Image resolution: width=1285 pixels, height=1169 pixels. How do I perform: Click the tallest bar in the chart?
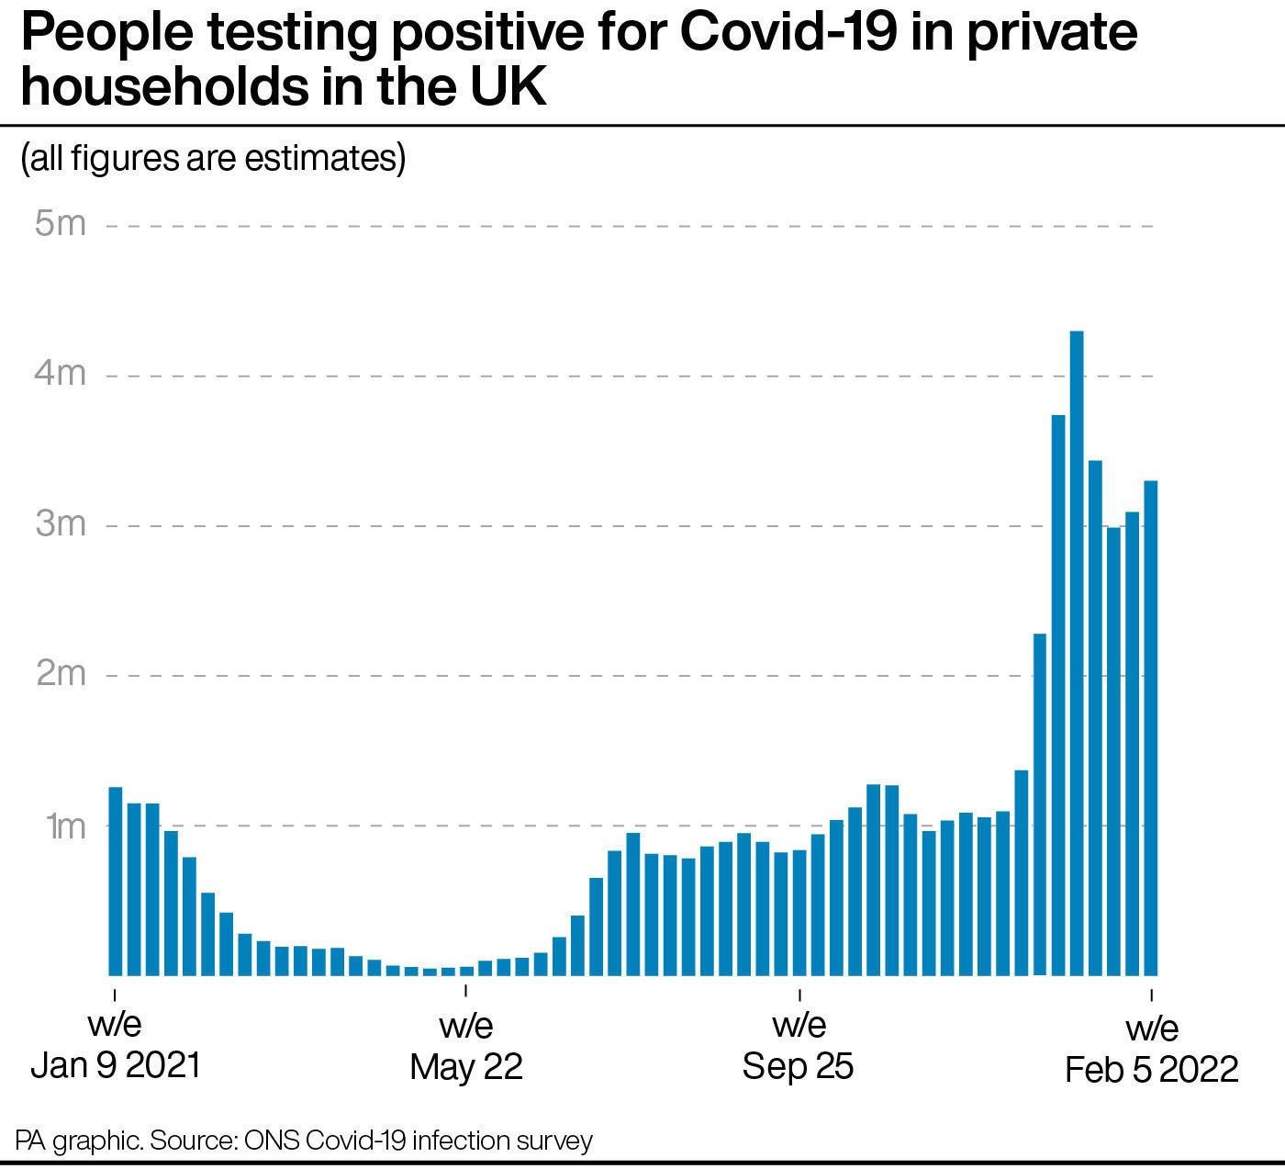click(x=1077, y=652)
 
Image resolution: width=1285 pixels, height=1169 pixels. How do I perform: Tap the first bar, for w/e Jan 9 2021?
click(x=115, y=881)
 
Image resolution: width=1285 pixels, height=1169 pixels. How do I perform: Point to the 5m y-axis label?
click(x=60, y=223)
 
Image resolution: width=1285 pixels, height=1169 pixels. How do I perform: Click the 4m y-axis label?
click(x=60, y=374)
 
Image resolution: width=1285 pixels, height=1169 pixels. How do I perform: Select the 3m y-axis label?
click(x=60, y=523)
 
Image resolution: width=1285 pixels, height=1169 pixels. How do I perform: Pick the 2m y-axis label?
click(x=60, y=674)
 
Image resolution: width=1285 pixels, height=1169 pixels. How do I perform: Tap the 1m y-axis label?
click(x=64, y=825)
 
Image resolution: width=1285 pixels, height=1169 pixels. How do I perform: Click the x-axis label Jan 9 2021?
click(x=115, y=1065)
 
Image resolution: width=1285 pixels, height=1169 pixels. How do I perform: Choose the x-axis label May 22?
click(x=466, y=1066)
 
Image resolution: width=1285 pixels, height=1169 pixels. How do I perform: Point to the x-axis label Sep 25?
click(x=798, y=1065)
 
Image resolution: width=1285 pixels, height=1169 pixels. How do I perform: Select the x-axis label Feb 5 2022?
click(x=1151, y=1069)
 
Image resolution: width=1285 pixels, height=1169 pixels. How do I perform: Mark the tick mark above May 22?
click(x=466, y=991)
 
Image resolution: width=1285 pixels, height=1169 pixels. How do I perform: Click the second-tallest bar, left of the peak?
click(x=1058, y=694)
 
